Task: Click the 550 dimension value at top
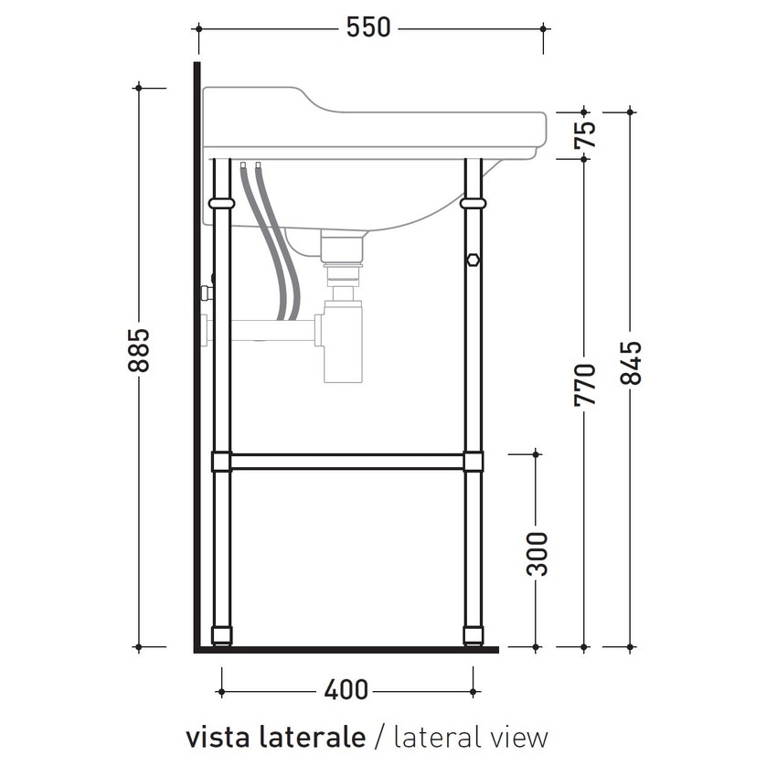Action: point(368,28)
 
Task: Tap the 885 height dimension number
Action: point(138,350)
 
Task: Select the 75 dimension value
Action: point(584,134)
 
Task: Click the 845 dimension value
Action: point(631,363)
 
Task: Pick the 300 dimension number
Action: point(538,552)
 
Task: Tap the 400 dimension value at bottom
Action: point(346,690)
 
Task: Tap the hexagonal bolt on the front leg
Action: point(473,260)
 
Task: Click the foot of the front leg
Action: point(473,634)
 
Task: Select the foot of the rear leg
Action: point(221,634)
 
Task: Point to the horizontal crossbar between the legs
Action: point(347,462)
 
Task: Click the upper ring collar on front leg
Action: point(473,203)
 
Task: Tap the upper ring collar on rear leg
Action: point(221,203)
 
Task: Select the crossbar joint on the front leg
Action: point(473,462)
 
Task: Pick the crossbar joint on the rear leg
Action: point(221,462)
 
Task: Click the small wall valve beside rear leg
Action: point(207,293)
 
